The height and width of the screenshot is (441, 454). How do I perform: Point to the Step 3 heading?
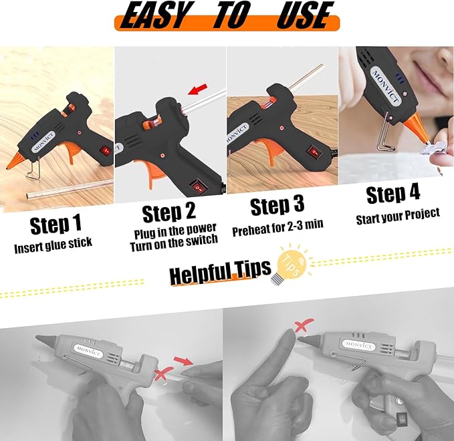point(278,206)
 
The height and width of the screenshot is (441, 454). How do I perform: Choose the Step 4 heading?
point(393,194)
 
